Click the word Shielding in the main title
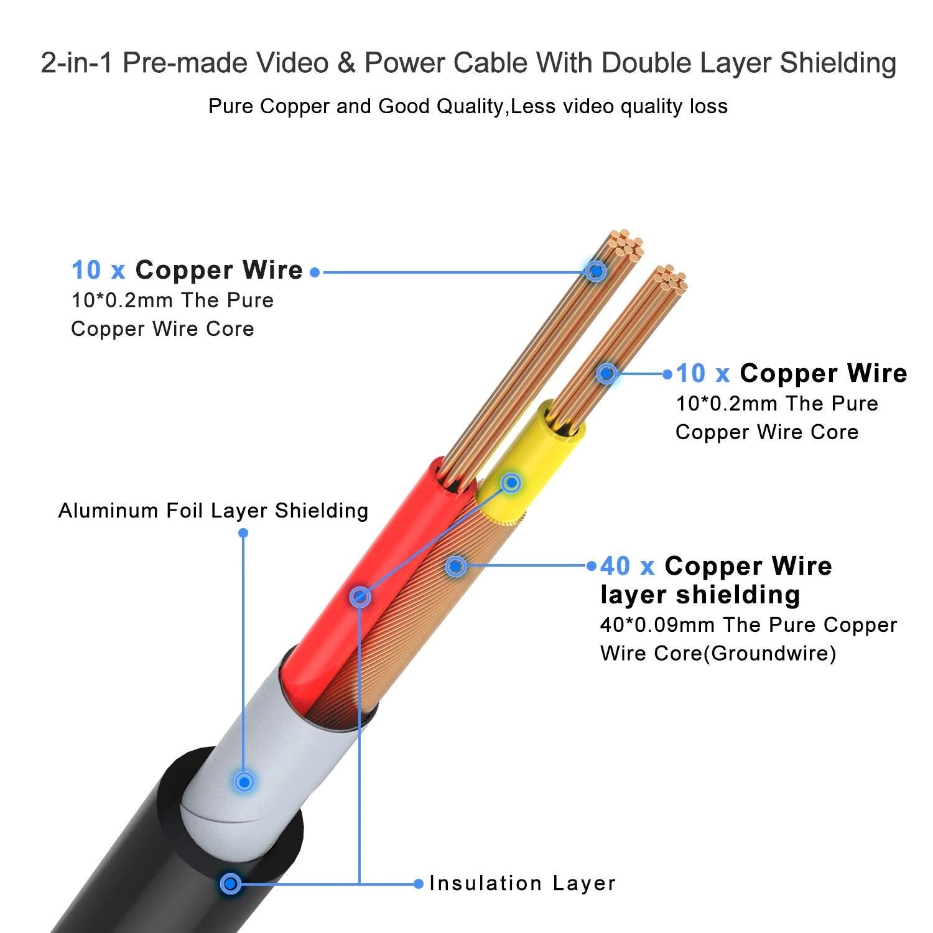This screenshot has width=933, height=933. pyautogui.click(x=838, y=63)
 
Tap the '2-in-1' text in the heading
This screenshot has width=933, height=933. pyautogui.click(x=77, y=63)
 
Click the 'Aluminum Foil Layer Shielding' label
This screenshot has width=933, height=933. pyautogui.click(x=213, y=511)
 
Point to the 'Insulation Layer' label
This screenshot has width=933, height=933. pyautogui.click(x=522, y=883)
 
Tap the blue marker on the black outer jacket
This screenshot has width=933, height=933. pyautogui.click(x=231, y=883)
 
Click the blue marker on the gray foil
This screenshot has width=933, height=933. pyautogui.click(x=244, y=781)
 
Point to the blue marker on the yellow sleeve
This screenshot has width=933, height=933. pyautogui.click(x=511, y=483)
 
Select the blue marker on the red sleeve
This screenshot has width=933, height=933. pyautogui.click(x=360, y=597)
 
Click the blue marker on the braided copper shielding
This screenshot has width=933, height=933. pyautogui.click(x=456, y=566)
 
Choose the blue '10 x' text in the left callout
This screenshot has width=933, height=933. pyautogui.click(x=98, y=271)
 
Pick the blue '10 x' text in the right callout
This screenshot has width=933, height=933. pyautogui.click(x=703, y=374)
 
